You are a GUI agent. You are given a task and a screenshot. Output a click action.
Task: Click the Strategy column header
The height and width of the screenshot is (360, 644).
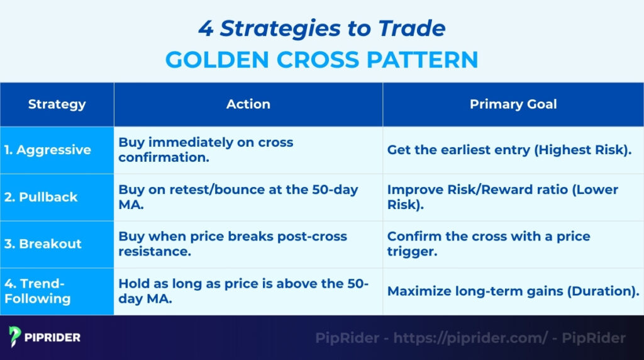57,104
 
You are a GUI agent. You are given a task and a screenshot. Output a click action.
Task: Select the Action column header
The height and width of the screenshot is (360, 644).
248,104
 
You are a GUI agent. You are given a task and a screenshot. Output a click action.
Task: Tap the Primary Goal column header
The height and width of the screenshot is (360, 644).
513,104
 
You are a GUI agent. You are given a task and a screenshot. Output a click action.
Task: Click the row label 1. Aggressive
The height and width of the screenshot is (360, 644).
47,150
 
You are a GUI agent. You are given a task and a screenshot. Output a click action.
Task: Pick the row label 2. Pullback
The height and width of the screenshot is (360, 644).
41,197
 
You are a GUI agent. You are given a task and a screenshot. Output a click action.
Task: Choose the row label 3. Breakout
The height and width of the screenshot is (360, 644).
43,244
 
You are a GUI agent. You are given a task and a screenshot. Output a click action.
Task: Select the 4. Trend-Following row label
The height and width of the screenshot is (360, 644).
38,291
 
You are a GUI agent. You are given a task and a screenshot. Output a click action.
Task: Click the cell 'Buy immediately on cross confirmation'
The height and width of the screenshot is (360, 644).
206,150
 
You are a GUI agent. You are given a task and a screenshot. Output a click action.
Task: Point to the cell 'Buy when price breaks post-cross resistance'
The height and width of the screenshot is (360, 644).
233,244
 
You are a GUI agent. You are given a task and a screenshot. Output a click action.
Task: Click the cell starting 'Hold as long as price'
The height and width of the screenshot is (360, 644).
243,291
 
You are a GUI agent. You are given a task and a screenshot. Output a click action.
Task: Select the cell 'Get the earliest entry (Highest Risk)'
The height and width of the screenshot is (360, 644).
509,150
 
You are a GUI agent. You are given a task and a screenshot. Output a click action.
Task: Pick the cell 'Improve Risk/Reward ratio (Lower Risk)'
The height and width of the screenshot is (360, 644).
502,197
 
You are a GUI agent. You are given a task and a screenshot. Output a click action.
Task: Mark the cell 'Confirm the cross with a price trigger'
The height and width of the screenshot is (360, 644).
489,244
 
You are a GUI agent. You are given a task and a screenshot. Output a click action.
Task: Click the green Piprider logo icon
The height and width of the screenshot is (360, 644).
15,337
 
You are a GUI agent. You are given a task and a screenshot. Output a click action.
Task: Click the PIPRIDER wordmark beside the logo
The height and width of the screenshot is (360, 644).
53,337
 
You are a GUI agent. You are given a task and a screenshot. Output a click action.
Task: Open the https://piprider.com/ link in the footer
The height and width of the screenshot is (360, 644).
470,338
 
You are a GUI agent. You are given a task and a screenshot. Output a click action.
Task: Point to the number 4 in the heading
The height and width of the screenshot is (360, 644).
205,28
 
